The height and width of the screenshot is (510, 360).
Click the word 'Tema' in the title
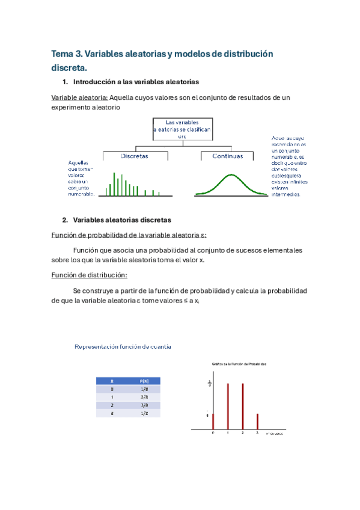[64, 54]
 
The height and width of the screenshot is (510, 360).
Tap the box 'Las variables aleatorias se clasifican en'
[182, 129]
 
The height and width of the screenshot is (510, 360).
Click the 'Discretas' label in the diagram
[135, 156]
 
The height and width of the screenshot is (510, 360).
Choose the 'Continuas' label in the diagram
[228, 156]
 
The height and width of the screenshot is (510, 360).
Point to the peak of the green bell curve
[230, 175]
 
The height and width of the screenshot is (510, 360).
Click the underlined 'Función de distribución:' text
[88, 275]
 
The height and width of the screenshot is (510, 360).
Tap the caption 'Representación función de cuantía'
[123, 346]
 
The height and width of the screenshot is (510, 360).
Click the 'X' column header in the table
[111, 381]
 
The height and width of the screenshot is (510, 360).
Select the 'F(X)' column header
[144, 381]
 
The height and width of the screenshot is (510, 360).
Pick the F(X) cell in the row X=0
[144, 389]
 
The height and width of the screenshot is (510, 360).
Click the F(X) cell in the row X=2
[144, 405]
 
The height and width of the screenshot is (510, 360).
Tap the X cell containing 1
[111, 397]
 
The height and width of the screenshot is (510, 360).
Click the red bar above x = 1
[228, 406]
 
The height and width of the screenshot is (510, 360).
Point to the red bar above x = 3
[257, 422]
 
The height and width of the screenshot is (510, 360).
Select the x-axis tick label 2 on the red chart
[242, 433]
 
